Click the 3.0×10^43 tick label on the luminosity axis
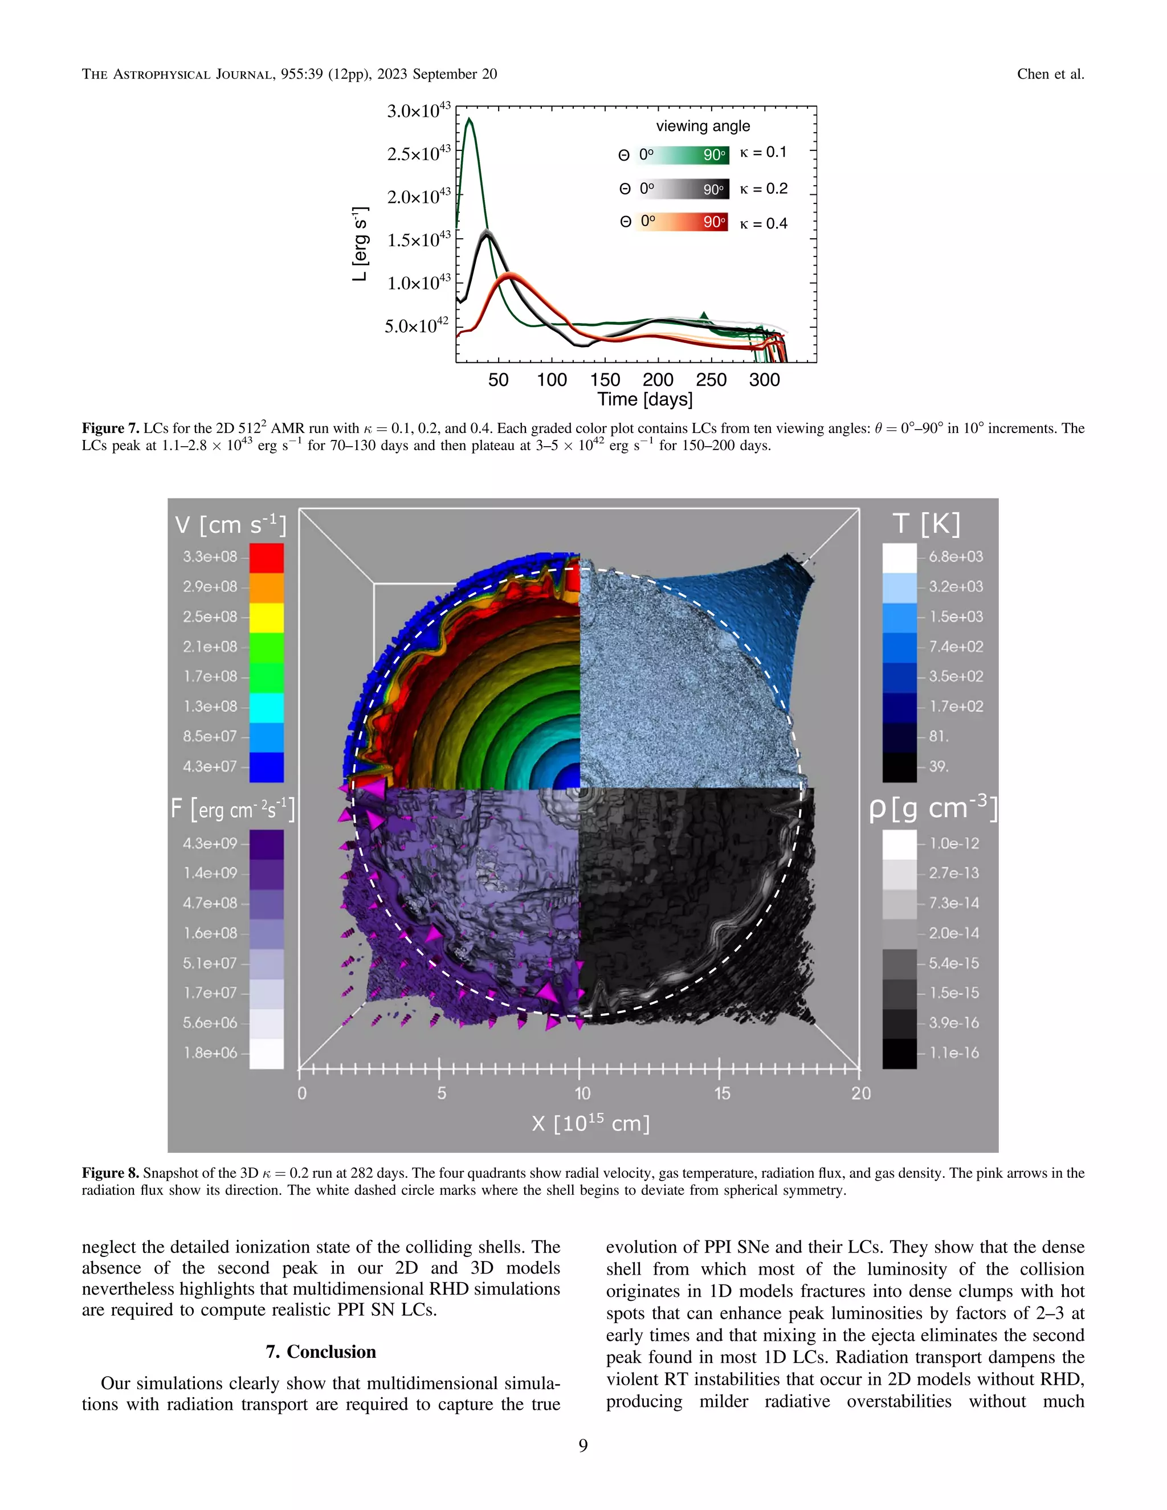point(418,111)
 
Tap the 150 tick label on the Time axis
point(605,379)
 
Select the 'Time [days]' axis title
point(644,399)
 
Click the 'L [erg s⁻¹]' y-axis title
point(360,243)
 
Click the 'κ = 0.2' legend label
point(763,189)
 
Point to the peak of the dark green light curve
point(470,119)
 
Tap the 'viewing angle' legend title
point(703,126)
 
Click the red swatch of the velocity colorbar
point(266,557)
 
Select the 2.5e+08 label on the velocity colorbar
point(210,617)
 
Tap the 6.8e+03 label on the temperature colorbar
point(956,557)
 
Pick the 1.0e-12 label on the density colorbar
point(954,843)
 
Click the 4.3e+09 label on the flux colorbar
point(210,843)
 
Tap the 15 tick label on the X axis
point(722,1093)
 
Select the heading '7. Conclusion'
point(321,1352)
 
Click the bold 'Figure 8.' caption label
point(111,1173)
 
